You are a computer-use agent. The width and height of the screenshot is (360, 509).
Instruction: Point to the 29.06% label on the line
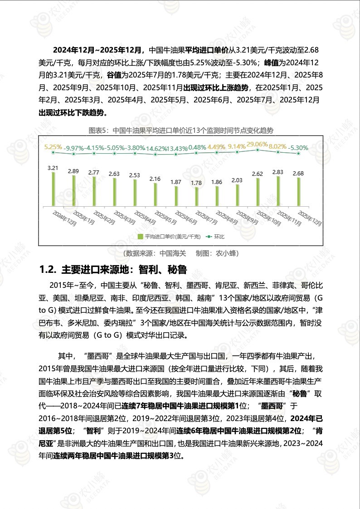coord(257,144)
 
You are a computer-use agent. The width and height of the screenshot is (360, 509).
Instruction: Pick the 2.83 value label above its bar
coord(277,172)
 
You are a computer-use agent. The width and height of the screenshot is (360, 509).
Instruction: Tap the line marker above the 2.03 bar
coord(237,152)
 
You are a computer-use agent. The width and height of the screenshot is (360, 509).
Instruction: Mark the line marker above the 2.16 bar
coord(155,154)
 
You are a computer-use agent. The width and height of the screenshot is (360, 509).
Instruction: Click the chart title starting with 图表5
coord(181,131)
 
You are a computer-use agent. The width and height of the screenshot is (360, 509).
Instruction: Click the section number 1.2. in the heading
coord(47,270)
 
